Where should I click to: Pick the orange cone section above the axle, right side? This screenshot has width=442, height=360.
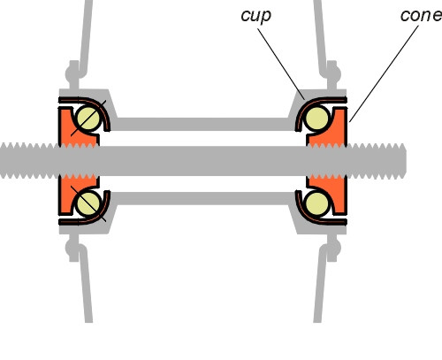click(x=336, y=128)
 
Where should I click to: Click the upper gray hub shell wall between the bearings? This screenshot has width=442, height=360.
click(x=203, y=125)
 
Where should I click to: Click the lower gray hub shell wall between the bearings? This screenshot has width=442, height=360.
click(x=203, y=197)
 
